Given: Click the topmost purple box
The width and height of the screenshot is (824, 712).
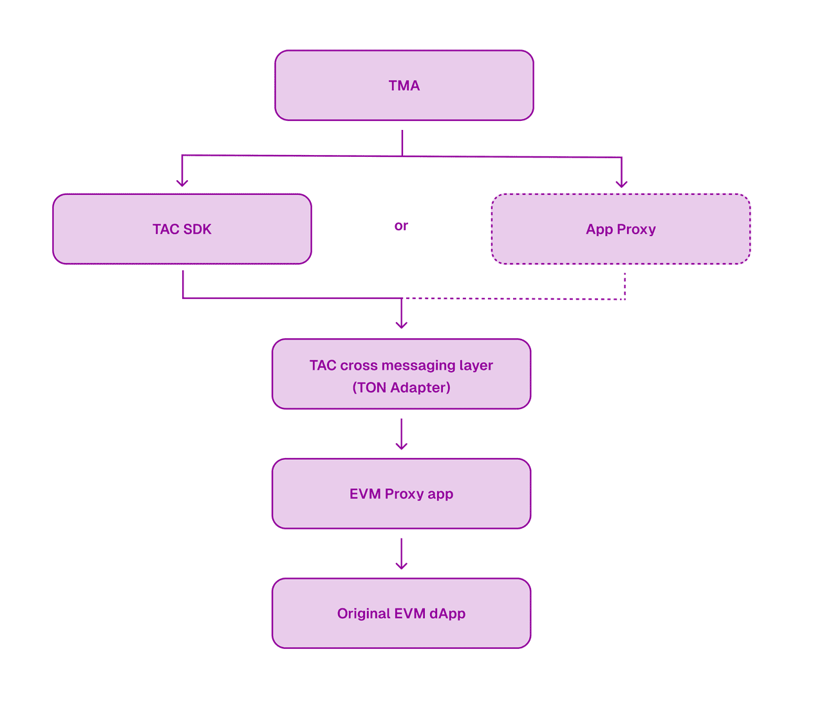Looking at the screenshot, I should (x=404, y=86).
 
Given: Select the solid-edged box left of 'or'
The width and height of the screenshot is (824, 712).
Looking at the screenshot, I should (x=182, y=229).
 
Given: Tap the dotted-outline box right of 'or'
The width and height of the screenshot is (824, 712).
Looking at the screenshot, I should (x=621, y=229).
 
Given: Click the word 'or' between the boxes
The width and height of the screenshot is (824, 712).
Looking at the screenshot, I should (x=401, y=226).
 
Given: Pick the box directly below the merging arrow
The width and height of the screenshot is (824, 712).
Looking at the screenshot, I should (x=401, y=374).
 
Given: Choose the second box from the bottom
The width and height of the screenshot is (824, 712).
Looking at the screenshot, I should (x=401, y=493).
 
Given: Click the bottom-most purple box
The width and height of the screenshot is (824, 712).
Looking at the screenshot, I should (x=401, y=613).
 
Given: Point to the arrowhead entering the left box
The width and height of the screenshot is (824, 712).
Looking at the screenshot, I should (x=182, y=183).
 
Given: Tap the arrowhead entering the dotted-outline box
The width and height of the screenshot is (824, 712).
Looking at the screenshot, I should (x=621, y=183).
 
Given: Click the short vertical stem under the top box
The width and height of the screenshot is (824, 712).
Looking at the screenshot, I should (x=402, y=141).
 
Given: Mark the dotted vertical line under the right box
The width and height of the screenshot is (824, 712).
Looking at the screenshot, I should (x=624, y=286).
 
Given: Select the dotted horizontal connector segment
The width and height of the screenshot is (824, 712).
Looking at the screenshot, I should (x=515, y=299).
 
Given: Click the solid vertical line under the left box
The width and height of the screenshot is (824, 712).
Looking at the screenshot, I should (x=183, y=284).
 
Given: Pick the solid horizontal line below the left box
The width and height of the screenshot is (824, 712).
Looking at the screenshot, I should (x=290, y=298).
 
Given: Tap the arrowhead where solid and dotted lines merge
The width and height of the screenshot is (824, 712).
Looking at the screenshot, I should (x=402, y=324).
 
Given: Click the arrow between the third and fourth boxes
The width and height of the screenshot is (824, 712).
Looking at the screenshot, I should (x=401, y=435).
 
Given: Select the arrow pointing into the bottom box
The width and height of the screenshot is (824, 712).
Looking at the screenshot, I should (x=401, y=554).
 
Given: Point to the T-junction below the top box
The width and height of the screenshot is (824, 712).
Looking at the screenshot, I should (x=402, y=156).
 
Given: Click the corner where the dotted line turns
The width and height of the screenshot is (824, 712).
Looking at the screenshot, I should (x=624, y=299).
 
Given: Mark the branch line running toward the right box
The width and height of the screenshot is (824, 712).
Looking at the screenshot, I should (x=515, y=156).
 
